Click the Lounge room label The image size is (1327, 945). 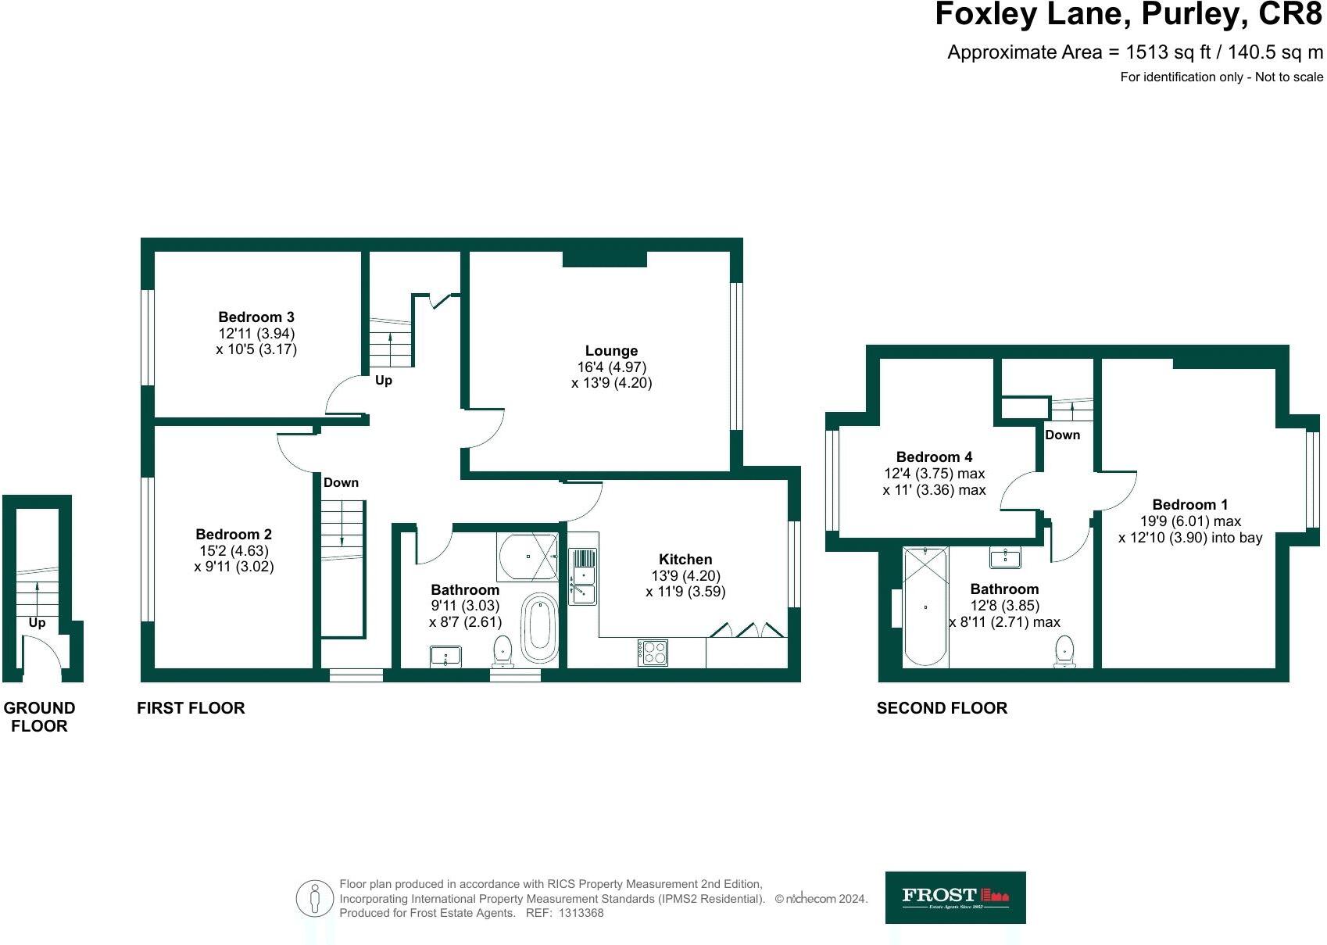tap(611, 351)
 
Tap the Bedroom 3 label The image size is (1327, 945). tap(256, 317)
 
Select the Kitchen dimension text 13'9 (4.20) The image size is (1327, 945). tap(685, 575)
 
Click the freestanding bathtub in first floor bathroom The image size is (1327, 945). tap(538, 629)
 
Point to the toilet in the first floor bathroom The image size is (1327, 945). tap(502, 651)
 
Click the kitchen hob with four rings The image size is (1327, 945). tap(653, 652)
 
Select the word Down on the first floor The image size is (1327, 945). tap(341, 482)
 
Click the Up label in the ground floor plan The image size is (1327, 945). tap(37, 623)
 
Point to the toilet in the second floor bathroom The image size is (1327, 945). tap(1064, 651)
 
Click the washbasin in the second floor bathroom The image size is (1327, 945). tap(1004, 557)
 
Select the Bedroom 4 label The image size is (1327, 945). tap(934, 456)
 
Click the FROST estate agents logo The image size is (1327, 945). tap(955, 897)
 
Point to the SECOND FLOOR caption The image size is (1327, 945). tap(942, 708)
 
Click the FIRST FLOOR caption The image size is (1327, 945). tap(191, 708)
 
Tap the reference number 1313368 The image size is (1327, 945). tap(581, 913)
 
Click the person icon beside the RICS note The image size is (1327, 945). tap(315, 899)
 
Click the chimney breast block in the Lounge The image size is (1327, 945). tap(604, 259)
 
